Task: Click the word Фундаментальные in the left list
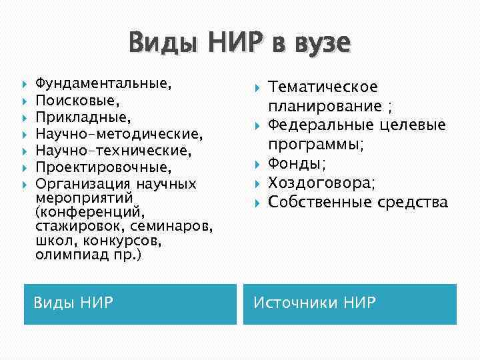point(101,84)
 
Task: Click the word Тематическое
point(323,87)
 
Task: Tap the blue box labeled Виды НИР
point(130,304)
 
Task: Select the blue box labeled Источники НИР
point(349,304)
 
